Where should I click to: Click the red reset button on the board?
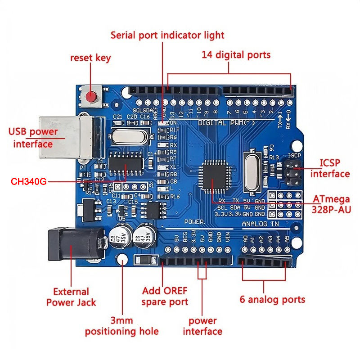(x=92, y=96)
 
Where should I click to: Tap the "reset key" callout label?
(x=90, y=58)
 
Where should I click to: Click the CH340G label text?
(x=28, y=182)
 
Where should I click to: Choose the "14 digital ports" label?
(x=236, y=55)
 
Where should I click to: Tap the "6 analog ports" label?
(x=272, y=299)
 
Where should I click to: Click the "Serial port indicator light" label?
(x=167, y=35)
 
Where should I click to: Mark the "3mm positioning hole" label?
(x=122, y=326)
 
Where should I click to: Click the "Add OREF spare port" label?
(x=165, y=296)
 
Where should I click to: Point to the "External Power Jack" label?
(x=71, y=297)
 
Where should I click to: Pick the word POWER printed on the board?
(x=194, y=222)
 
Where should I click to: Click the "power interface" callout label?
(x=202, y=326)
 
